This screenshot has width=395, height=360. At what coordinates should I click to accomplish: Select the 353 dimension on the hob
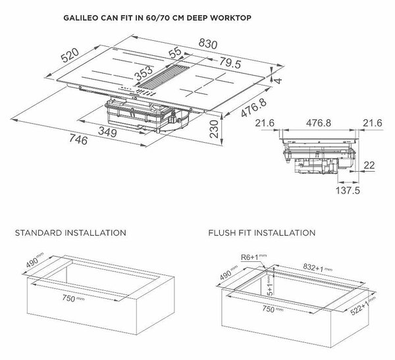coord(144,74)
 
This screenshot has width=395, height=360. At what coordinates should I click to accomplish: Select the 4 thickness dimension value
coord(278,82)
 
